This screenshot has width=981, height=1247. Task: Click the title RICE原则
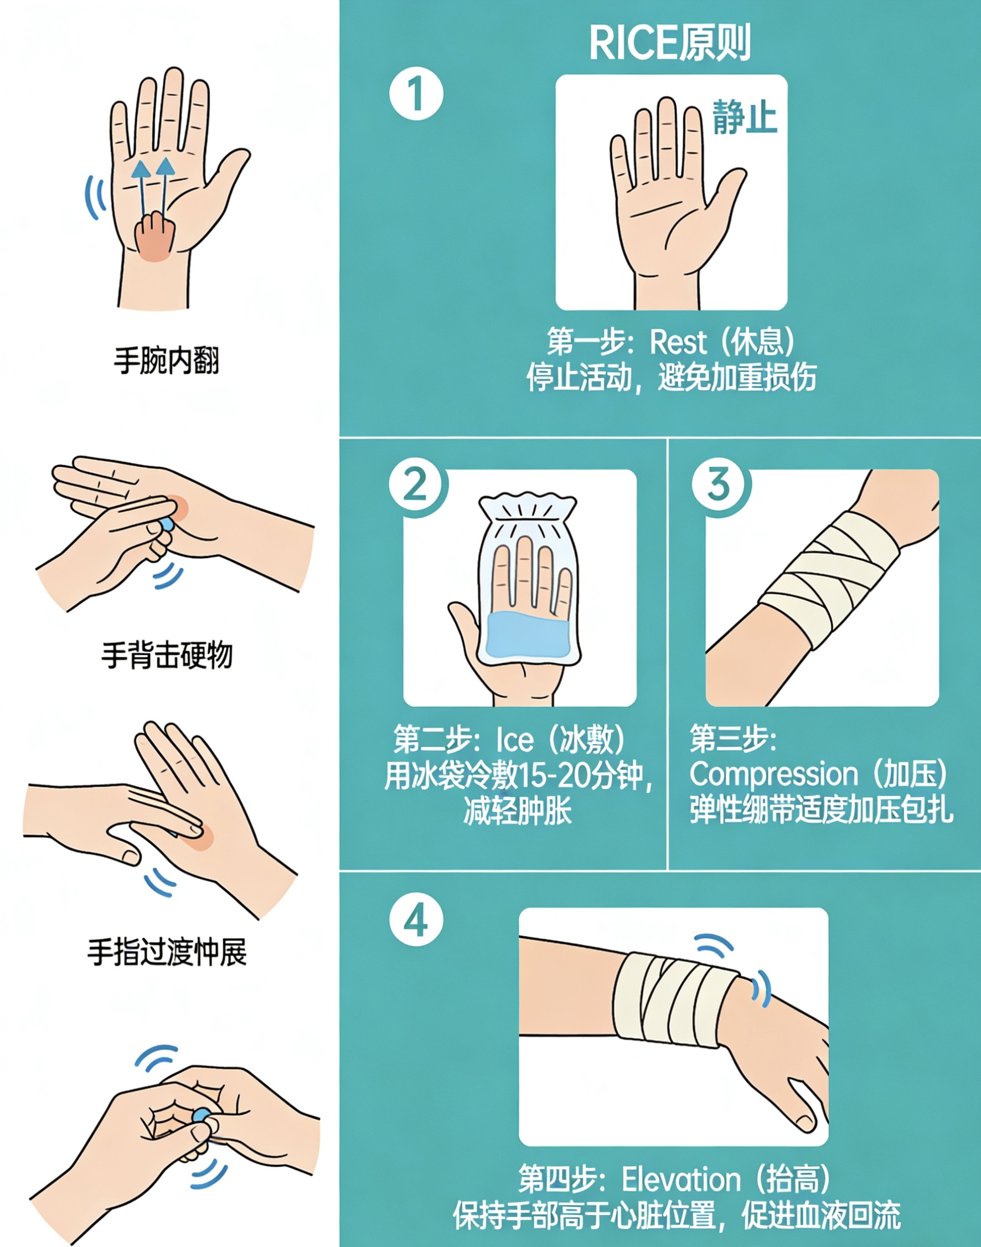[670, 42]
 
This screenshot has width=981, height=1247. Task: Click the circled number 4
[416, 920]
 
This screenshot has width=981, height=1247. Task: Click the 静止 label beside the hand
[745, 117]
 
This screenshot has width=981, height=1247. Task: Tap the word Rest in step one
[678, 342]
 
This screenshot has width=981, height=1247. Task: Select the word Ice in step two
[515, 739]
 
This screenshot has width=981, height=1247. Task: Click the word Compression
[773, 774]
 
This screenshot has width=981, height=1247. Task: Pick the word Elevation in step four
[681, 1175]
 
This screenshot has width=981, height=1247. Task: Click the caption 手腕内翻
[167, 360]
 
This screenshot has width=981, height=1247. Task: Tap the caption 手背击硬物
[167, 655]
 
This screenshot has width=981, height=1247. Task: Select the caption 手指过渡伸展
[167, 952]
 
